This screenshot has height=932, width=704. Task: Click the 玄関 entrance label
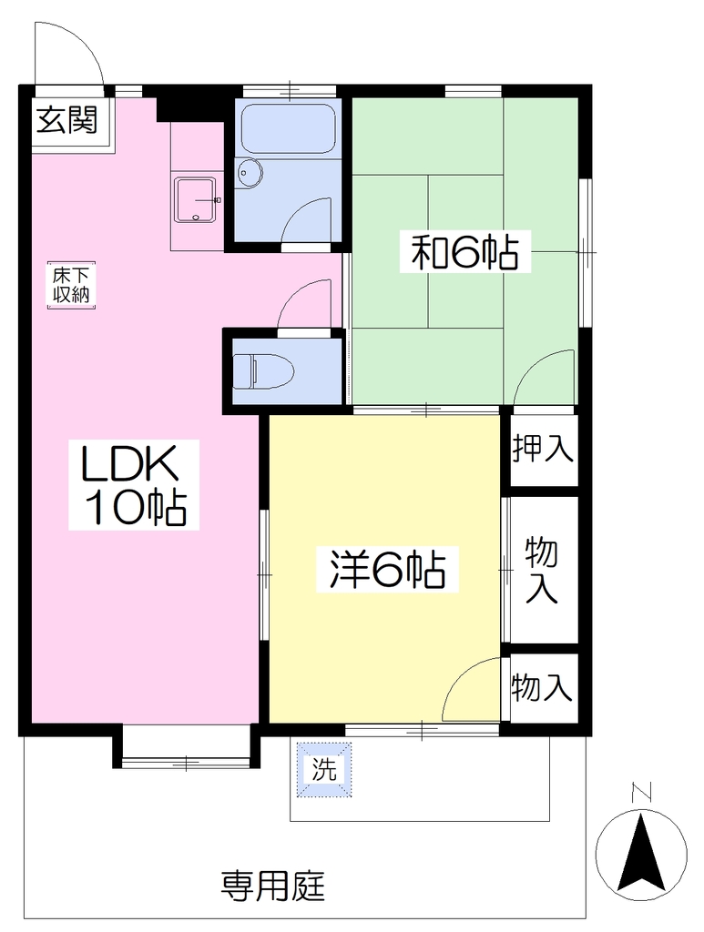[x=66, y=121]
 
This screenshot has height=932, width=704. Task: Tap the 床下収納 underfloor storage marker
[x=71, y=285]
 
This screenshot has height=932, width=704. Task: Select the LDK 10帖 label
[x=133, y=485]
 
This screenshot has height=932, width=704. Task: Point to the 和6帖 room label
[x=465, y=253]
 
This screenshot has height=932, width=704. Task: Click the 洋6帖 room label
[x=387, y=570]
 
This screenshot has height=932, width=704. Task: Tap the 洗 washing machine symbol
[x=324, y=770]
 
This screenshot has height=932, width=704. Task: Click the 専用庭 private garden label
[x=273, y=886]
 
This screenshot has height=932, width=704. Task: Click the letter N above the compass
[x=641, y=793]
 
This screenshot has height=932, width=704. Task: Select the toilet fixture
[x=263, y=371]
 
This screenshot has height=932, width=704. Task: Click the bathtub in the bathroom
[x=285, y=129]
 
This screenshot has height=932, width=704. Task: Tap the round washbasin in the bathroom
[x=250, y=173]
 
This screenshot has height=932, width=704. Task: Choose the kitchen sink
[x=197, y=200]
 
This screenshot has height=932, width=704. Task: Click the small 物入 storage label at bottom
[x=542, y=688]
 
